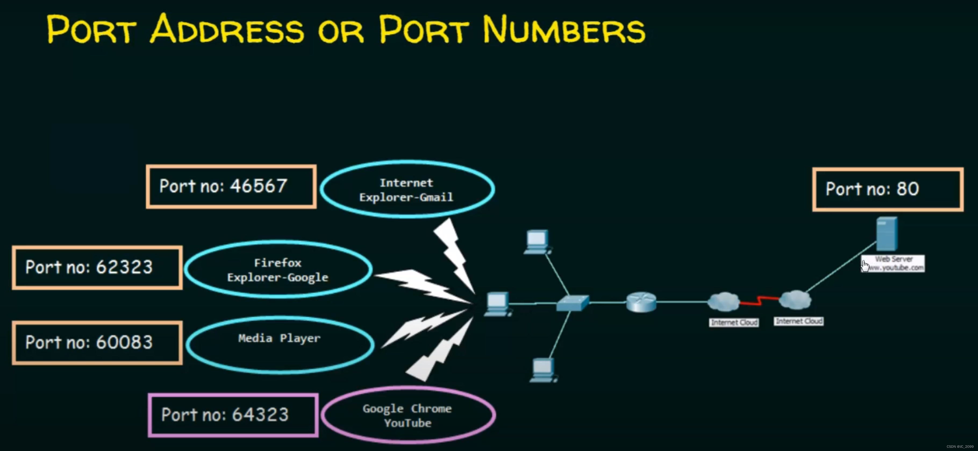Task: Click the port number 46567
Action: (x=259, y=187)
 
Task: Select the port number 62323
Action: (x=124, y=267)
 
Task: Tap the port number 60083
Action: (x=124, y=342)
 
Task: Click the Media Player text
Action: (x=279, y=338)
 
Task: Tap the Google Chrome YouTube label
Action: (x=407, y=416)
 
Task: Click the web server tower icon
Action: (x=887, y=234)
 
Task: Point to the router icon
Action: (x=641, y=302)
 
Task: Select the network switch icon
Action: (x=573, y=303)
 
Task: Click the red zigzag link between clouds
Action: (x=759, y=301)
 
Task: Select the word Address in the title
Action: (x=227, y=30)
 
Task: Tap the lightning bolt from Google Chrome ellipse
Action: (x=440, y=351)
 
